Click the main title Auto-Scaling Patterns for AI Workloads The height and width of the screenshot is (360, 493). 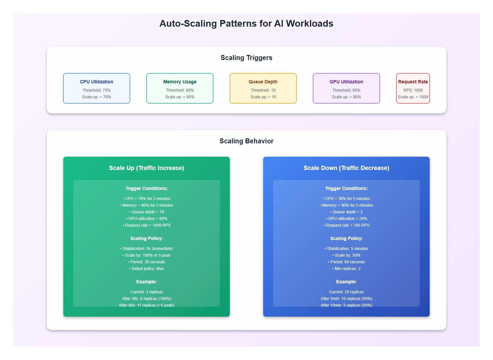[246, 24]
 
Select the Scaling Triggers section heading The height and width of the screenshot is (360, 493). [246, 58]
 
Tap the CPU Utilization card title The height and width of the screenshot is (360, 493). [97, 82]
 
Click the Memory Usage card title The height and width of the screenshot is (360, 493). [180, 82]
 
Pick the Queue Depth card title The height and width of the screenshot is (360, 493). [263, 82]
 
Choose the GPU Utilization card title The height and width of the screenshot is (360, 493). [346, 82]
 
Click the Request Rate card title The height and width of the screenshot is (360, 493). [413, 82]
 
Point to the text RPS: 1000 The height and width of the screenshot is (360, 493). [413, 90]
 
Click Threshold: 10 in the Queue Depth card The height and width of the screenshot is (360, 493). [263, 90]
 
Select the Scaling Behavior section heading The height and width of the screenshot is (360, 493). [246, 141]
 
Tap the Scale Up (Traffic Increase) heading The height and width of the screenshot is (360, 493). [147, 168]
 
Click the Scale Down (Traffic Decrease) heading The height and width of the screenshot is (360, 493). [346, 168]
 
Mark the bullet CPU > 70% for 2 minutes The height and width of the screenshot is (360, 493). [147, 199]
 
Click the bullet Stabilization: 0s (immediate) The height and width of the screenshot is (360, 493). [147, 249]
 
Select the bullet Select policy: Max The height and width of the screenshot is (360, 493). [147, 269]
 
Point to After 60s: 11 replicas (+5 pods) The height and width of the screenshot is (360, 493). [147, 305]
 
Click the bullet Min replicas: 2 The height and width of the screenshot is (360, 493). [346, 269]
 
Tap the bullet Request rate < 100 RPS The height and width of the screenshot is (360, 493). [346, 225]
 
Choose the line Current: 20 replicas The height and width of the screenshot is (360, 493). [346, 292]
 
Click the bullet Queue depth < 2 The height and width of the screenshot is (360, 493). [346, 212]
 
